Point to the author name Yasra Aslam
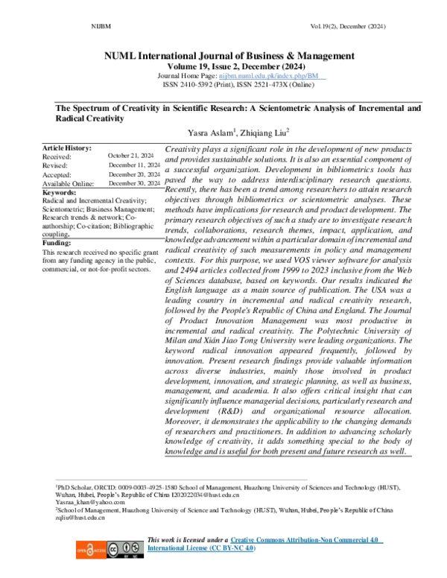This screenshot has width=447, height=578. tap(212, 134)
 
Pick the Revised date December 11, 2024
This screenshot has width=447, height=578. tap(134, 165)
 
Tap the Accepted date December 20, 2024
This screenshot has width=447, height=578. tap(134, 174)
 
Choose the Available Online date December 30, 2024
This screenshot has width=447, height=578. tap(134, 183)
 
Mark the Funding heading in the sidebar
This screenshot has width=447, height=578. tap(58, 243)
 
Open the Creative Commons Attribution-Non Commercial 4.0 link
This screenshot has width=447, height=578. tap(306, 539)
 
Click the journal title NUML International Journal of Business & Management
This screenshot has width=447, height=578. tap(223, 56)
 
